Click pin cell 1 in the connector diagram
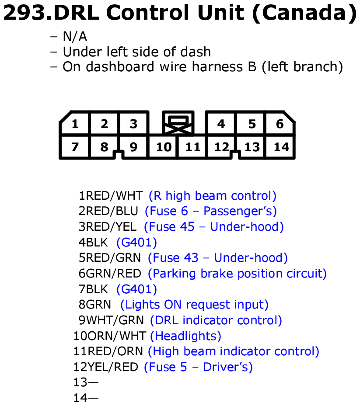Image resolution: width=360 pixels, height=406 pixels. (75, 124)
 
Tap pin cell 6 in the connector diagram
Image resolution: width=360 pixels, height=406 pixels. (280, 124)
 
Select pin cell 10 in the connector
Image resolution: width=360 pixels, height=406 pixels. (163, 147)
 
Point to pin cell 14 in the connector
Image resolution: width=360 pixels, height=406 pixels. (280, 147)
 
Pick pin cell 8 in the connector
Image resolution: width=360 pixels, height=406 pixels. (104, 147)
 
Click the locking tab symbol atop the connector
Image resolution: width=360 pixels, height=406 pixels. (178, 122)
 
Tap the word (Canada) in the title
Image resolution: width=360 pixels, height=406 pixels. (305, 13)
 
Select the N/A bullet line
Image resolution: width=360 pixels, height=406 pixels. (69, 37)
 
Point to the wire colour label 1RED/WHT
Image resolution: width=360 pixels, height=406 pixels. (111, 196)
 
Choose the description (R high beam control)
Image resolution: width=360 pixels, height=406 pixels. (213, 196)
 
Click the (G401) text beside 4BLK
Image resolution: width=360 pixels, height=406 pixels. (136, 243)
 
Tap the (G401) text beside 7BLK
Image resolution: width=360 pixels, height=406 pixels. (136, 289)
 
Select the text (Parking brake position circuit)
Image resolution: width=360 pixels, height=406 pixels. (237, 274)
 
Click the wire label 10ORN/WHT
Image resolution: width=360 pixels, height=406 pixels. (110, 336)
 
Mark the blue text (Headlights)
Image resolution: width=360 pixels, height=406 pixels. (185, 336)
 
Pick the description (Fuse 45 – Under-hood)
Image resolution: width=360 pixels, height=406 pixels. (214, 227)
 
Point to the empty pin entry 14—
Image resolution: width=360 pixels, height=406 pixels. (86, 398)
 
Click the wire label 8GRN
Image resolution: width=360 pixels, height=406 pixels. (95, 305)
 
